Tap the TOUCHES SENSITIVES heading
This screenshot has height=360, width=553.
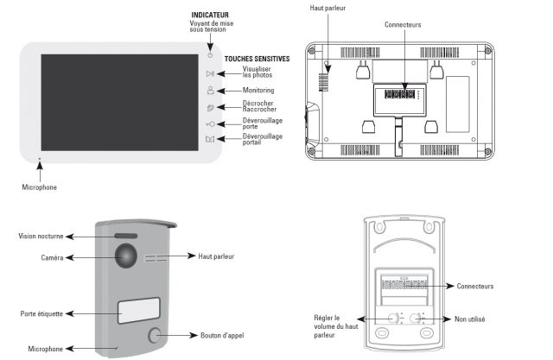[x=257, y=59]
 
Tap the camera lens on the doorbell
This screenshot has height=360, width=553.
[x=127, y=257]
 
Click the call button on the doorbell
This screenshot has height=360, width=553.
[x=156, y=335]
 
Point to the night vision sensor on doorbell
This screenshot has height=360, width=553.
[x=127, y=236]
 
